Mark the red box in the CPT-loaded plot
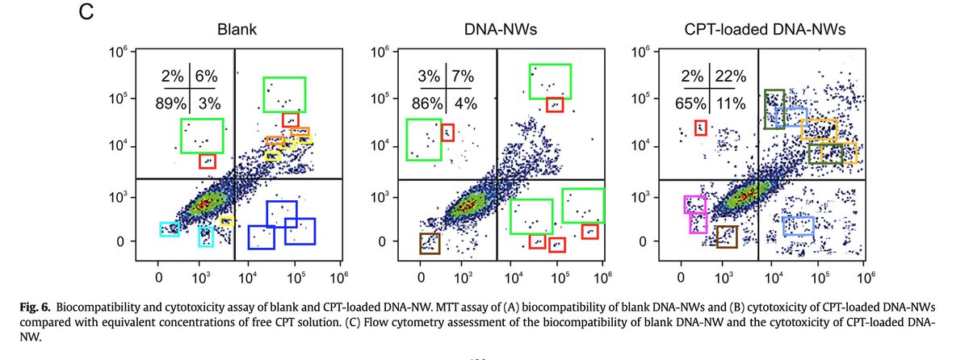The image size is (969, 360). point(701,128)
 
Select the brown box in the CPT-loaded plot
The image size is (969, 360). point(727,236)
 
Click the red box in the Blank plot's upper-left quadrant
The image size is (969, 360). point(208,161)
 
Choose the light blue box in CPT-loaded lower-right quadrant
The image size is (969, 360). point(798,226)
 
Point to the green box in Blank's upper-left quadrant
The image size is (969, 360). point(202,136)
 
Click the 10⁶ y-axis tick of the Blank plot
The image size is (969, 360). point(119,52)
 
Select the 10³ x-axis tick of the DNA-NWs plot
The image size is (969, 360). point(463,276)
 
